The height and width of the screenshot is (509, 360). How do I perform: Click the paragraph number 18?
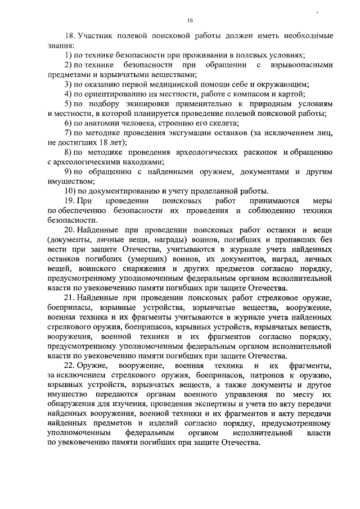(69, 35)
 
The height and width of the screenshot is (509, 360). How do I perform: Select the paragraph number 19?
(69, 201)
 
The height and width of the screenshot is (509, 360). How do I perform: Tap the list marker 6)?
(67, 122)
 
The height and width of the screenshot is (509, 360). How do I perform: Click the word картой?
(292, 93)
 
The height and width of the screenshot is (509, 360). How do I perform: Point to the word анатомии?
(102, 122)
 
